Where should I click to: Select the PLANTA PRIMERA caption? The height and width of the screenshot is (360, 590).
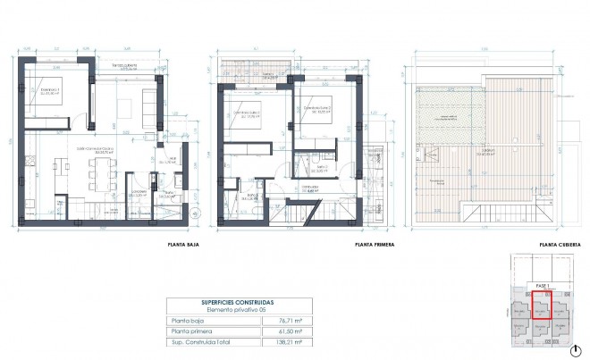coord(375,244)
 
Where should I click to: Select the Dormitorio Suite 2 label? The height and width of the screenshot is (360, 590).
coord(317,110)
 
